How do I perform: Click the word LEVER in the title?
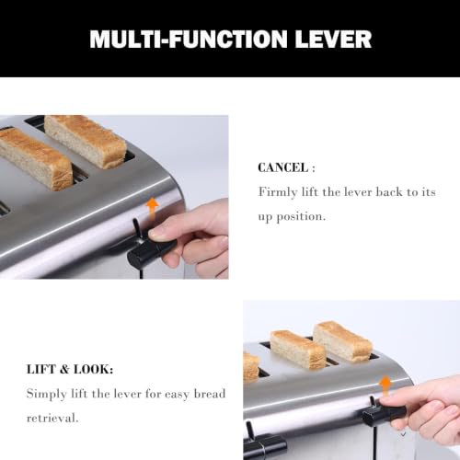333,39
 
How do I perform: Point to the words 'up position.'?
292,217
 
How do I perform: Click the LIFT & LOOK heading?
70,369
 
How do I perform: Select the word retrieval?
52,418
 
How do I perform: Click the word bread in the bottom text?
210,394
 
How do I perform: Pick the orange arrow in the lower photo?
385,387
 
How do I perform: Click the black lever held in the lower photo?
384,413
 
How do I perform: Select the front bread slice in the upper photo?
35,158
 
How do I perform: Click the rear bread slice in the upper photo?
86,141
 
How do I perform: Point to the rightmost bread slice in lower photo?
343,341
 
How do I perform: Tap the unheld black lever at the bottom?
264,443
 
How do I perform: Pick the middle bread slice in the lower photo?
297,350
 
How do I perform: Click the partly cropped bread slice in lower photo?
251,367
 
